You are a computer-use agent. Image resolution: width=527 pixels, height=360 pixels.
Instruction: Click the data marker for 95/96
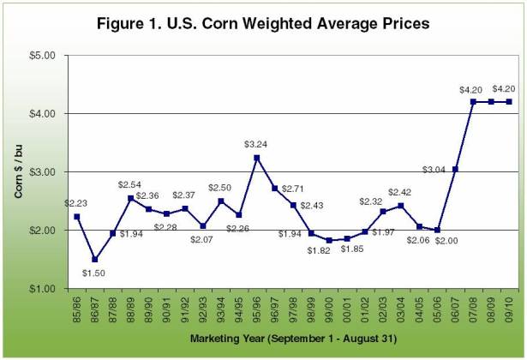pyautogui.click(x=256, y=158)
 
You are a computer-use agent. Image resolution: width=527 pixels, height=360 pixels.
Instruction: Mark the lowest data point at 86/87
pyautogui.click(x=94, y=259)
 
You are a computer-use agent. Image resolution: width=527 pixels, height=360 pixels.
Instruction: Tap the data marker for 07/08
pyautogui.click(x=473, y=102)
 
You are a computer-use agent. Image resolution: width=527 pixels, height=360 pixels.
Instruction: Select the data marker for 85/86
pyautogui.click(x=76, y=217)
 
